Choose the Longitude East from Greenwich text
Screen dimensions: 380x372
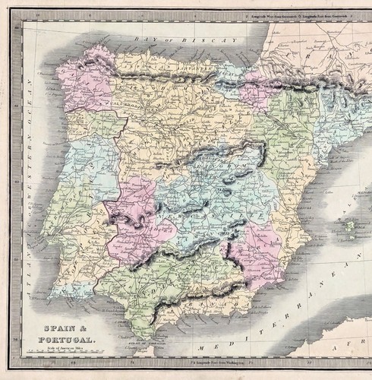click(x=329, y=15)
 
